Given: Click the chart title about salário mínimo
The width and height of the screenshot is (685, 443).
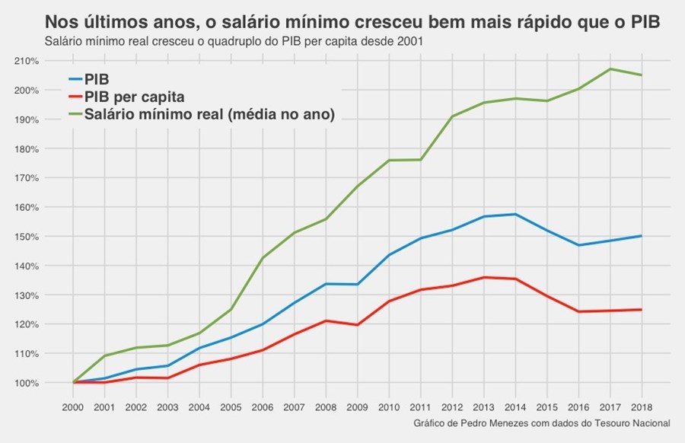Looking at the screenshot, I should point(352,21).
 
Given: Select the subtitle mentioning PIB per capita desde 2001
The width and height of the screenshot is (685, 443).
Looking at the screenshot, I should point(234,40).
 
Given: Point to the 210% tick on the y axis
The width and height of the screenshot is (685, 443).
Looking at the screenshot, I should point(27,61).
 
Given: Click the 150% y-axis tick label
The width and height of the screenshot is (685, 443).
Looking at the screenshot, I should point(27,237).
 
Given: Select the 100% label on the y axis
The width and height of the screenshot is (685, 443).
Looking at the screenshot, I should point(27,383).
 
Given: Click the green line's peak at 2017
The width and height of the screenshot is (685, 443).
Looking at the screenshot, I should point(610,69).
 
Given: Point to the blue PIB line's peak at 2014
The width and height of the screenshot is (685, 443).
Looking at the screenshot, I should point(515,214).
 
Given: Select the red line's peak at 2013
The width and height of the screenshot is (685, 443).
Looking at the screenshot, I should point(484,277).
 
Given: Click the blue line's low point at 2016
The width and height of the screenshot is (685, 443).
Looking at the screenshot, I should point(578,245).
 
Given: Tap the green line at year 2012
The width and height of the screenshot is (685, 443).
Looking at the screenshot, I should point(452,116).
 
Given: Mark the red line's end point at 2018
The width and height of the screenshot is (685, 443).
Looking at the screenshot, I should point(642,310).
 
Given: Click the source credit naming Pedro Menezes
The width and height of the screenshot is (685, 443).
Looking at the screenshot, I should point(542,422).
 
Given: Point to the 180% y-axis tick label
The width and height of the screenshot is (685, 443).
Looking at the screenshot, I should point(27,148).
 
